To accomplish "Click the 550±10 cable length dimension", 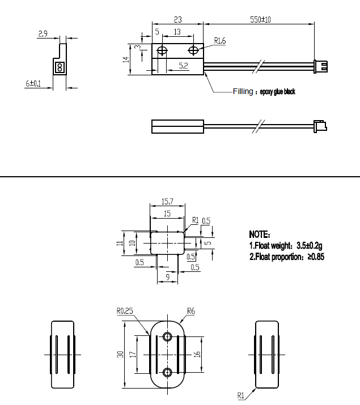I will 260,19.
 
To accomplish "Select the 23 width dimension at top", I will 177,19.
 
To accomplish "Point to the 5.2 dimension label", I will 183,66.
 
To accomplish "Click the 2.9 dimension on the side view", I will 43,34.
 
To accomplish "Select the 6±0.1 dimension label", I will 33,83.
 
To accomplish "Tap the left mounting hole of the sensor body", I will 163,51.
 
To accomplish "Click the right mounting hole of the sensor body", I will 194,51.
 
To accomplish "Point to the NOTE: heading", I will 260,234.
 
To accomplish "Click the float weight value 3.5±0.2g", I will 309,246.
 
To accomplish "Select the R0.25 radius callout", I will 125,310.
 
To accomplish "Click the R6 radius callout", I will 191,310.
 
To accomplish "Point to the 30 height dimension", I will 120,354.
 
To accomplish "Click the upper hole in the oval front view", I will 167,336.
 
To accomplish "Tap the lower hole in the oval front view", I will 167,372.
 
